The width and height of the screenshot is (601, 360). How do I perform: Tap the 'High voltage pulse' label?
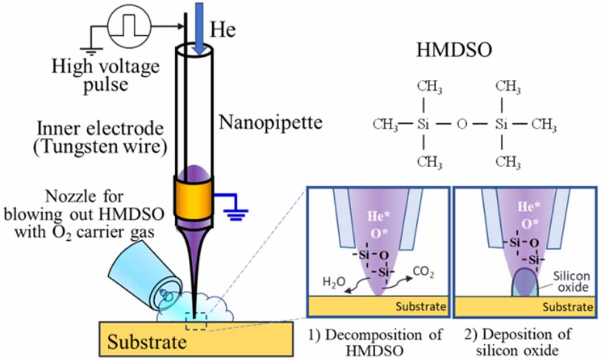click(105, 75)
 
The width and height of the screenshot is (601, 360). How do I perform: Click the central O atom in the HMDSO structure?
click(462, 124)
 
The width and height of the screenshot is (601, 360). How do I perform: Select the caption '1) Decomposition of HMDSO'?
click(377, 344)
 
